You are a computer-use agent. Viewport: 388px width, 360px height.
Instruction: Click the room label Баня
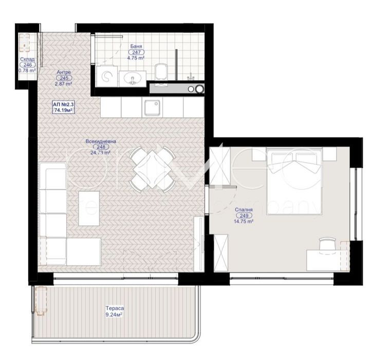click(x=136, y=46)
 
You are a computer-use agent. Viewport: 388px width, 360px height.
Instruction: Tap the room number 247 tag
click(x=136, y=52)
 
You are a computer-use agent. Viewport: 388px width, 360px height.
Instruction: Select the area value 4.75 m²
click(x=136, y=59)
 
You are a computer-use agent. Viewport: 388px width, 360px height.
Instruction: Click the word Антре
click(x=64, y=72)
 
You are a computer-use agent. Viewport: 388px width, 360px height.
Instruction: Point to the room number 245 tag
click(x=64, y=78)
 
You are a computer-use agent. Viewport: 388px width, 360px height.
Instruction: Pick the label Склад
click(x=27, y=59)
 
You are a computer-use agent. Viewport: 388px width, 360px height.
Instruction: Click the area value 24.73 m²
click(x=101, y=153)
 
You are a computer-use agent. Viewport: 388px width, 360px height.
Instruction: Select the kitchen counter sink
click(x=152, y=109)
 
